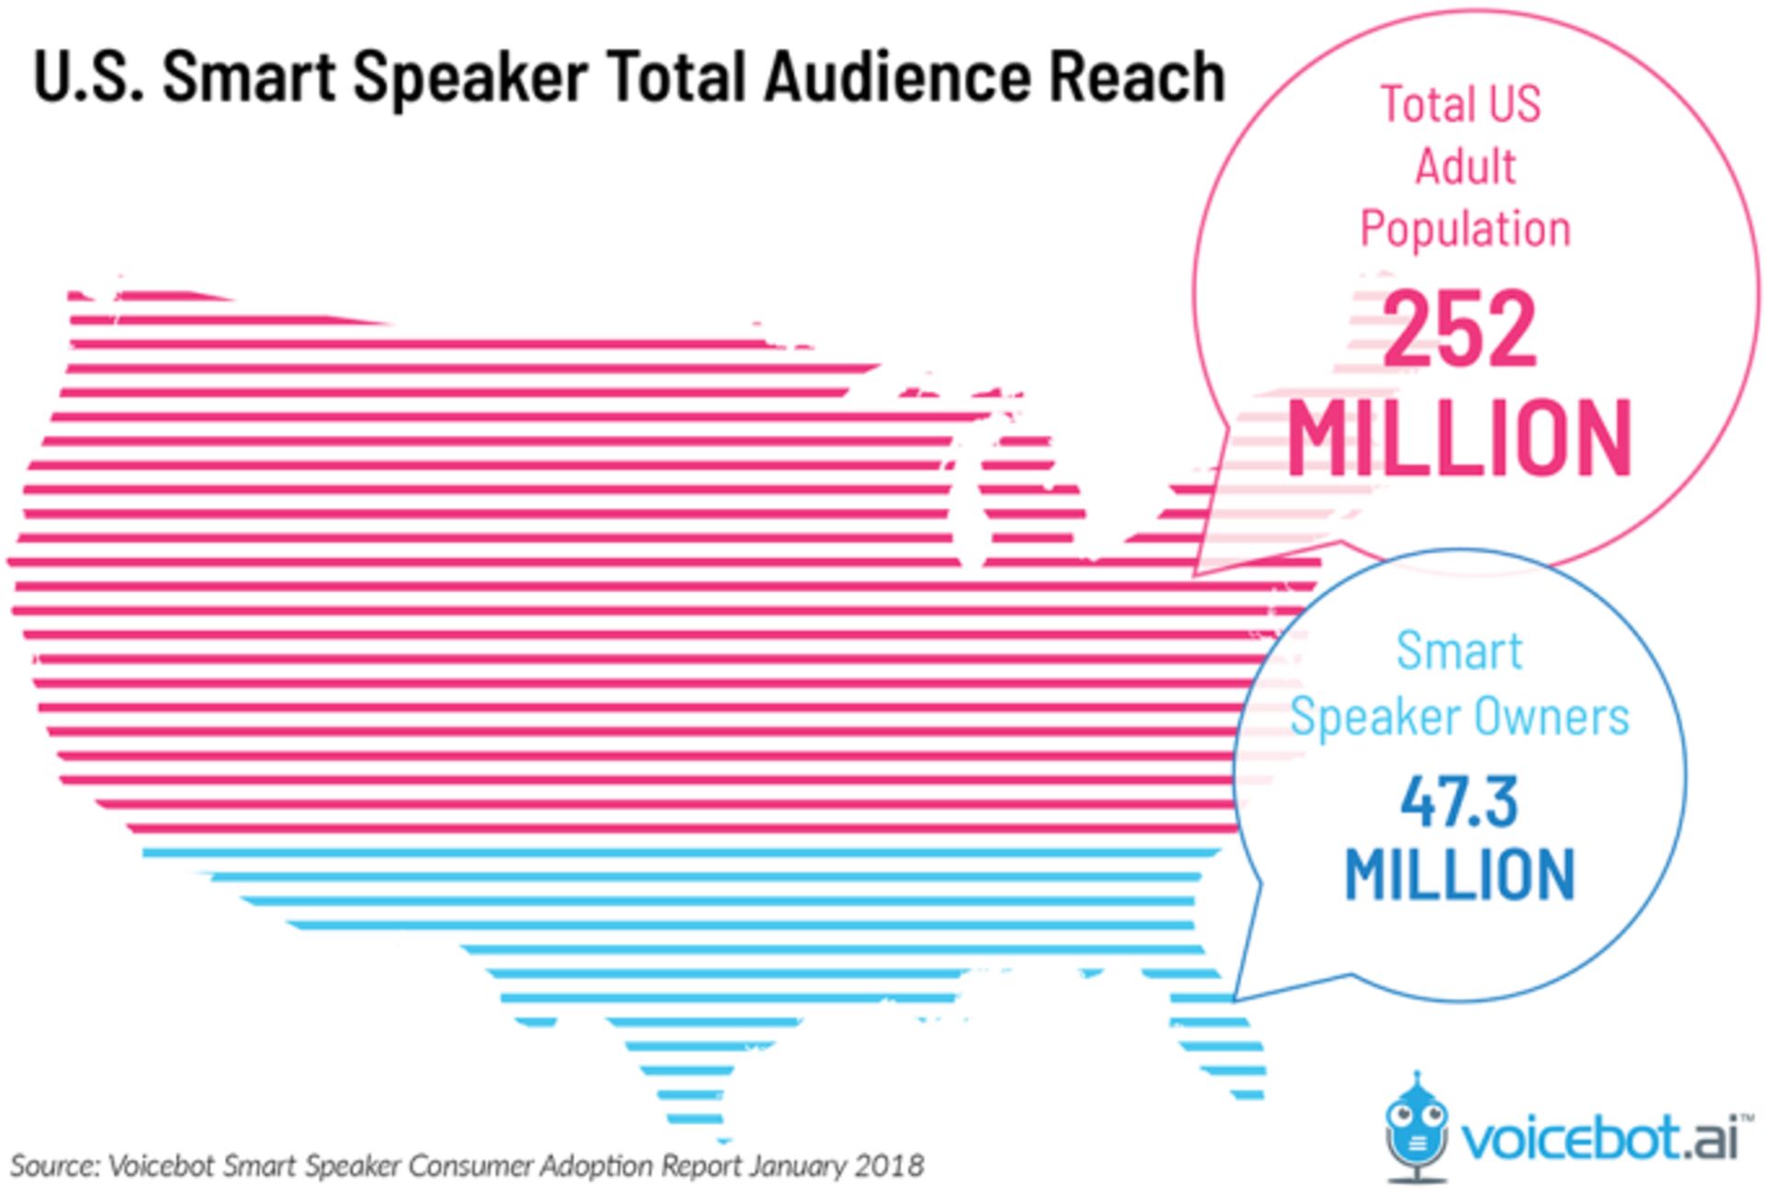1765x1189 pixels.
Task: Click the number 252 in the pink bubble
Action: [x=1459, y=328]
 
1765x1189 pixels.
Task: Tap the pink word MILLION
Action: [x=1459, y=439]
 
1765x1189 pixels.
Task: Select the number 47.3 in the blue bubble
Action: [x=1459, y=802]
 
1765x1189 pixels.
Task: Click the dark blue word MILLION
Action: [x=1459, y=874]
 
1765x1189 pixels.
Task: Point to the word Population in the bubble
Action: [x=1465, y=229]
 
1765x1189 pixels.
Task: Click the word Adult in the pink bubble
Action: [x=1465, y=166]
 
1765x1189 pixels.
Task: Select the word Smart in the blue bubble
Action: [x=1459, y=651]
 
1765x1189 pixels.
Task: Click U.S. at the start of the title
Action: [x=88, y=77]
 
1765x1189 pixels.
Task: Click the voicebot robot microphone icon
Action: [x=1417, y=1126]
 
